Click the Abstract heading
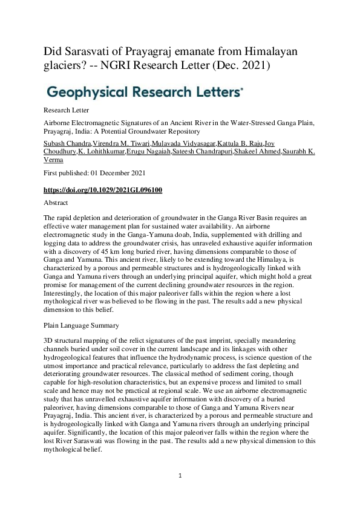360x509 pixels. (56, 203)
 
